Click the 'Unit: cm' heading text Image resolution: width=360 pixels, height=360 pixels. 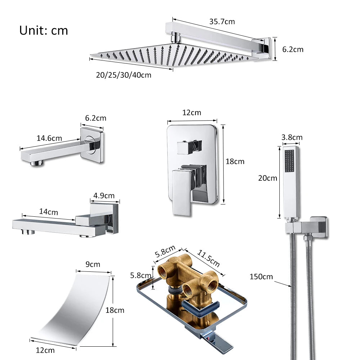[x=44, y=30]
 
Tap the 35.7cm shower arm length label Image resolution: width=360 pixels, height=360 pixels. [x=222, y=22]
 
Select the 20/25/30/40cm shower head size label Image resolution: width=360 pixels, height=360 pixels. [x=123, y=75]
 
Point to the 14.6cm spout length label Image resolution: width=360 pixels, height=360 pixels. [x=49, y=138]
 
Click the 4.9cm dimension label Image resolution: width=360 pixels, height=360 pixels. [x=104, y=196]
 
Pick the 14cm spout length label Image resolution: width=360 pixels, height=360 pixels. [x=48, y=212]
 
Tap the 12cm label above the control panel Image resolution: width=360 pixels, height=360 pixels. [x=192, y=113]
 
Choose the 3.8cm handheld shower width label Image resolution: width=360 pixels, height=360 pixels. [x=292, y=137]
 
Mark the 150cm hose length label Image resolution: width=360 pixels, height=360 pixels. [x=261, y=276]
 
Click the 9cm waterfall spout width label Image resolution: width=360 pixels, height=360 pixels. [x=93, y=264]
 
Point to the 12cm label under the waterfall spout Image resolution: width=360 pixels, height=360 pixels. [x=45, y=350]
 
